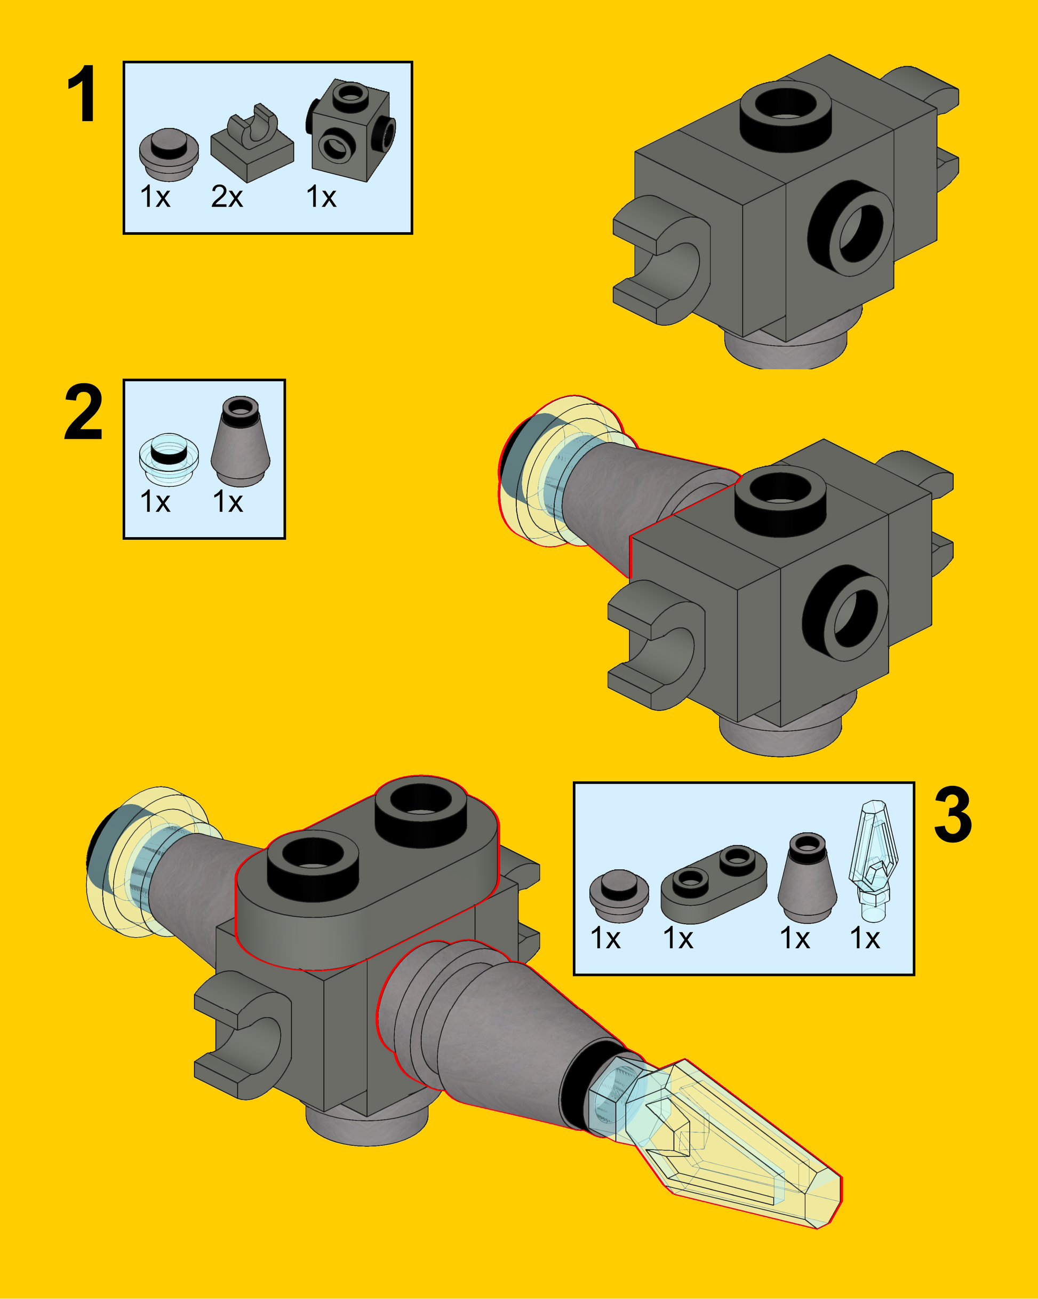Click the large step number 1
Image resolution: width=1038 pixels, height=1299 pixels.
[82, 94]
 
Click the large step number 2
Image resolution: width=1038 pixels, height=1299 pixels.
[83, 412]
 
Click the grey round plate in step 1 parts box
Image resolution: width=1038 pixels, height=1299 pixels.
[169, 154]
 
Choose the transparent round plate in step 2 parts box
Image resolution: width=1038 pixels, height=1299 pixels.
[169, 459]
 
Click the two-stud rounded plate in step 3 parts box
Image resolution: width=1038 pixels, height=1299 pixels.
[714, 883]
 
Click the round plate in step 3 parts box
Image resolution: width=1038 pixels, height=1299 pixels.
[619, 895]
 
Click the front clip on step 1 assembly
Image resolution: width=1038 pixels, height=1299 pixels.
[662, 259]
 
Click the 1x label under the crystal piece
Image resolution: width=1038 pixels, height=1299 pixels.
[865, 939]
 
